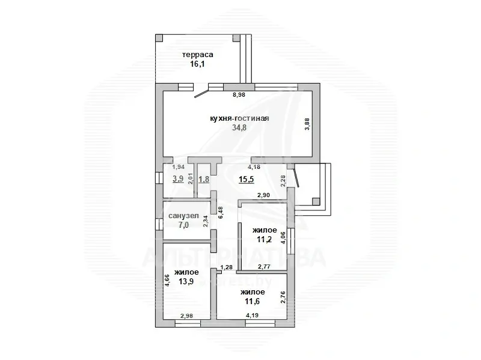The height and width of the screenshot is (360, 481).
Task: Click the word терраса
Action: (198, 54)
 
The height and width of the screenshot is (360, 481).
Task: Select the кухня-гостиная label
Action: (239, 118)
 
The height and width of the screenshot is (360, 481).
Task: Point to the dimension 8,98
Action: (240, 94)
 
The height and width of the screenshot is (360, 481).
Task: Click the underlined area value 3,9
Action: (178, 179)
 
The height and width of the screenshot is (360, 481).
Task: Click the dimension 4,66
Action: (167, 281)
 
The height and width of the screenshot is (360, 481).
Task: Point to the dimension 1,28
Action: (226, 267)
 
